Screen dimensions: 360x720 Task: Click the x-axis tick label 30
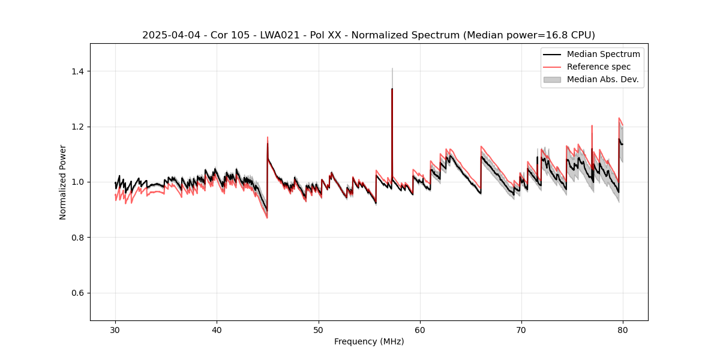coord(116,330)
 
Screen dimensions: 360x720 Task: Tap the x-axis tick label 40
coord(217,330)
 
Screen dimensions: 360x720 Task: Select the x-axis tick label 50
coord(319,330)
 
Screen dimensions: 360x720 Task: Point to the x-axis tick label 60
coord(420,330)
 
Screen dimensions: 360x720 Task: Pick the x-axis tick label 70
coord(521,330)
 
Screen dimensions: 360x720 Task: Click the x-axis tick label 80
coord(623,330)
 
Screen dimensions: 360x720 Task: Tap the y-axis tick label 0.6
coord(77,293)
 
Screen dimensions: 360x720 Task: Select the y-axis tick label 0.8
coord(77,238)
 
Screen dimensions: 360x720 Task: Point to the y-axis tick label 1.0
coord(77,182)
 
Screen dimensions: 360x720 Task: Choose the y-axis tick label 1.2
coord(77,127)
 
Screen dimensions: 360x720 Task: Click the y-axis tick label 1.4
coord(77,71)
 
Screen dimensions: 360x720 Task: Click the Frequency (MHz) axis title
coord(369,341)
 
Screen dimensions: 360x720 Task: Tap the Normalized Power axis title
coord(63,182)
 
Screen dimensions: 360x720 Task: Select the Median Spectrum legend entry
coord(603,54)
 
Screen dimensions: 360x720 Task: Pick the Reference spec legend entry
coord(599,67)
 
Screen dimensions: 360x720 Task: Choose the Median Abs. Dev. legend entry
coord(602,79)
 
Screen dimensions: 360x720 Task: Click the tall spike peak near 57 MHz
coord(392,89)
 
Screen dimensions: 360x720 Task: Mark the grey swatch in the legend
coord(552,79)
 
